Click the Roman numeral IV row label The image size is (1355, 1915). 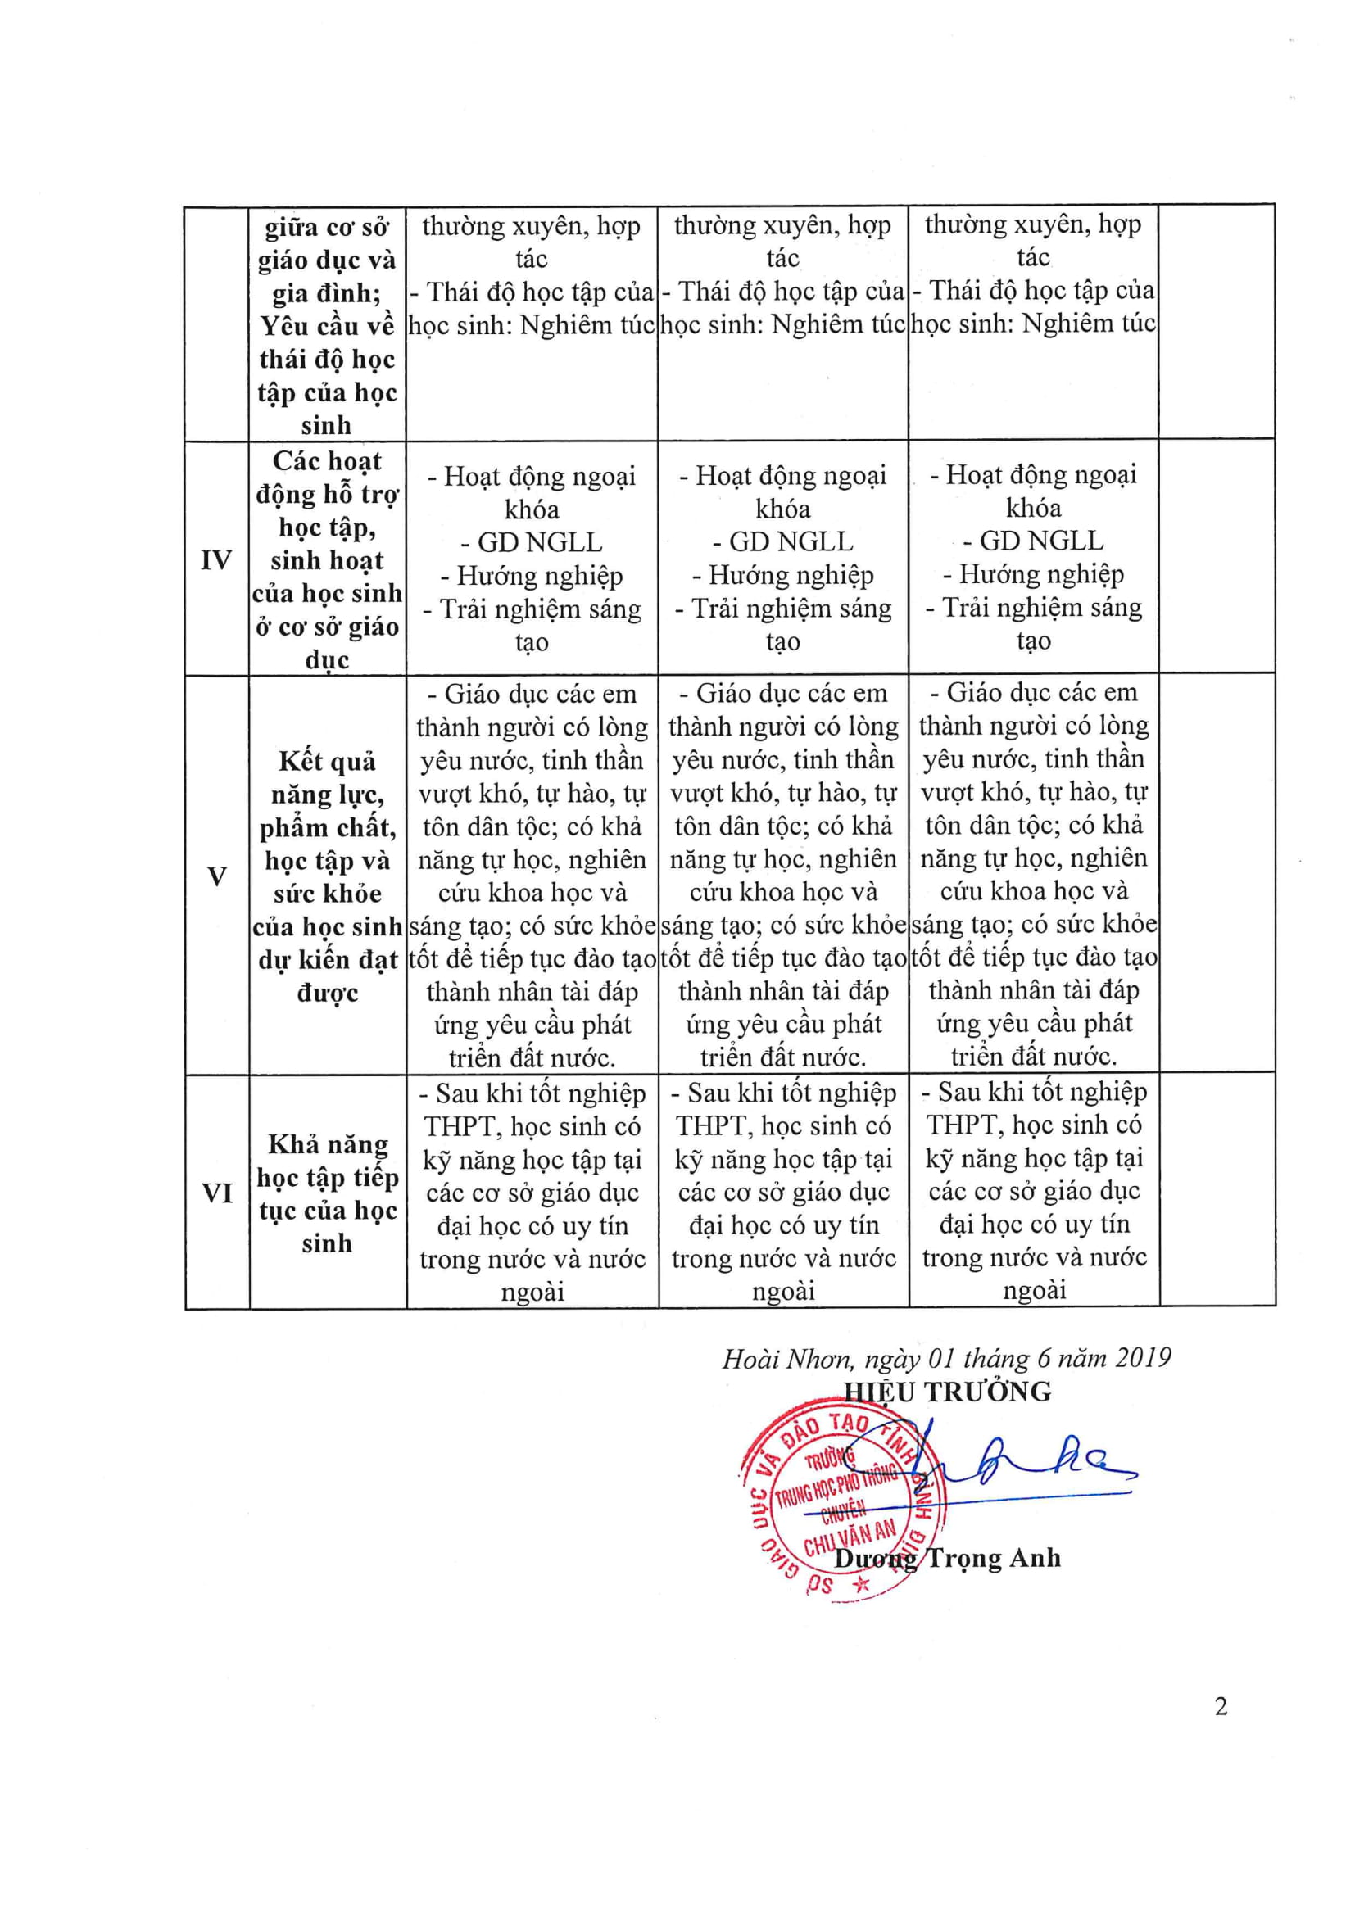(x=216, y=559)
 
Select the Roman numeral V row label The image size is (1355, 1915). (x=217, y=876)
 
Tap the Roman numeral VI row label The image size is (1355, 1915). (x=217, y=1193)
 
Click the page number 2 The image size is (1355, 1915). (x=1221, y=1706)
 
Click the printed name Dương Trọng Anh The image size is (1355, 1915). (x=948, y=1557)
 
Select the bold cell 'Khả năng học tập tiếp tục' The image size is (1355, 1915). (x=327, y=1193)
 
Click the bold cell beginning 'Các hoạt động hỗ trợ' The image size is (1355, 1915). (x=327, y=559)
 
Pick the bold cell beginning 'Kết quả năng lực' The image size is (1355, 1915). (x=327, y=876)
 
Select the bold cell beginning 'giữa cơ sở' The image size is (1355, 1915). (x=327, y=325)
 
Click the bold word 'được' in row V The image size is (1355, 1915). (x=327, y=993)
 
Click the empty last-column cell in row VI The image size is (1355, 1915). (x=1217, y=1190)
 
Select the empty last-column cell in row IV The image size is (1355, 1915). (x=1217, y=557)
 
